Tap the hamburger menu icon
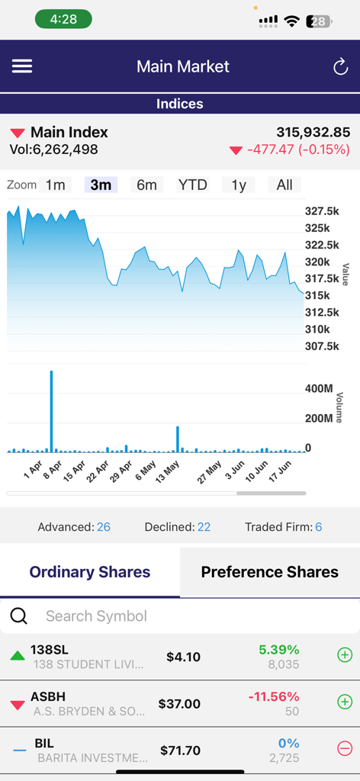click(22, 66)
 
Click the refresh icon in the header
click(340, 67)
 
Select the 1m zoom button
click(55, 185)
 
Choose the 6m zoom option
click(146, 185)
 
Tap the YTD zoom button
click(192, 185)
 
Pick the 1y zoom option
click(238, 185)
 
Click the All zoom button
click(284, 185)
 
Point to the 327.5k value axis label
click(321, 211)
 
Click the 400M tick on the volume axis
click(319, 389)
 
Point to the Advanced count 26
click(104, 527)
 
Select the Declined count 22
click(204, 527)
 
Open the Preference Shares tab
click(269, 572)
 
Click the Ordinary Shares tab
click(90, 572)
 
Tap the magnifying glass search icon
click(18, 616)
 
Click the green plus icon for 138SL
click(345, 655)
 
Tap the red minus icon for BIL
click(345, 750)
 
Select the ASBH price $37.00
click(179, 704)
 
